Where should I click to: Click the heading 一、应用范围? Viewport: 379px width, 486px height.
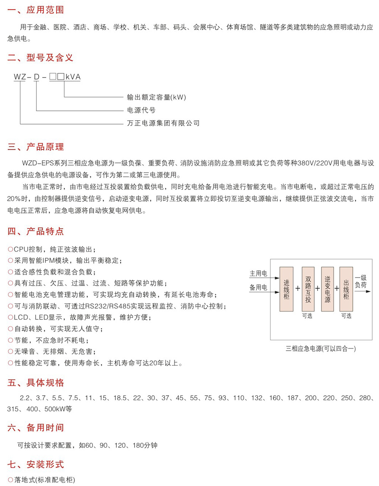[x=36, y=10]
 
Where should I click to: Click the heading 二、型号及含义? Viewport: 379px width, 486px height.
[x=41, y=58]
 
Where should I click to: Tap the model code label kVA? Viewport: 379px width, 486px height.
[x=73, y=77]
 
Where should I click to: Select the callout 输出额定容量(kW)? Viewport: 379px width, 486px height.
[x=157, y=97]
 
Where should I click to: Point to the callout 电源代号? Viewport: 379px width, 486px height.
[x=141, y=110]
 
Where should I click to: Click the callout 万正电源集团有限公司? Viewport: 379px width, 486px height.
[x=163, y=123]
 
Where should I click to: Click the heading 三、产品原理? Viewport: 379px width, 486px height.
[x=36, y=147]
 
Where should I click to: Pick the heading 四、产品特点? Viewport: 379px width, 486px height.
[x=36, y=231]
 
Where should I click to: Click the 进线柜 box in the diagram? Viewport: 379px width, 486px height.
[x=287, y=289]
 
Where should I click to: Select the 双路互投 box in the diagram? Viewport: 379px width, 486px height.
[x=308, y=289]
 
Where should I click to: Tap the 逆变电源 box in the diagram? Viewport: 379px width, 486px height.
[x=327, y=289]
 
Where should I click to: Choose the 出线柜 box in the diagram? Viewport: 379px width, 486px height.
[x=346, y=289]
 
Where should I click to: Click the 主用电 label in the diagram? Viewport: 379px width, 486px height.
[x=258, y=273]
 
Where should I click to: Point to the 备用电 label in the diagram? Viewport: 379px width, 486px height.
[x=258, y=287]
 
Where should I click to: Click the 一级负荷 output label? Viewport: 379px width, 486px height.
[x=361, y=281]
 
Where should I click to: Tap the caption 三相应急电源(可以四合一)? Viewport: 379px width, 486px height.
[x=321, y=348]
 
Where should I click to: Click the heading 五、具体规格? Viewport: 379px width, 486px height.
[x=36, y=383]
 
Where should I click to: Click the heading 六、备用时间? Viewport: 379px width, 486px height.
[x=36, y=428]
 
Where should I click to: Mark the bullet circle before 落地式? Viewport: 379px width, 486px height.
[x=10, y=480]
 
